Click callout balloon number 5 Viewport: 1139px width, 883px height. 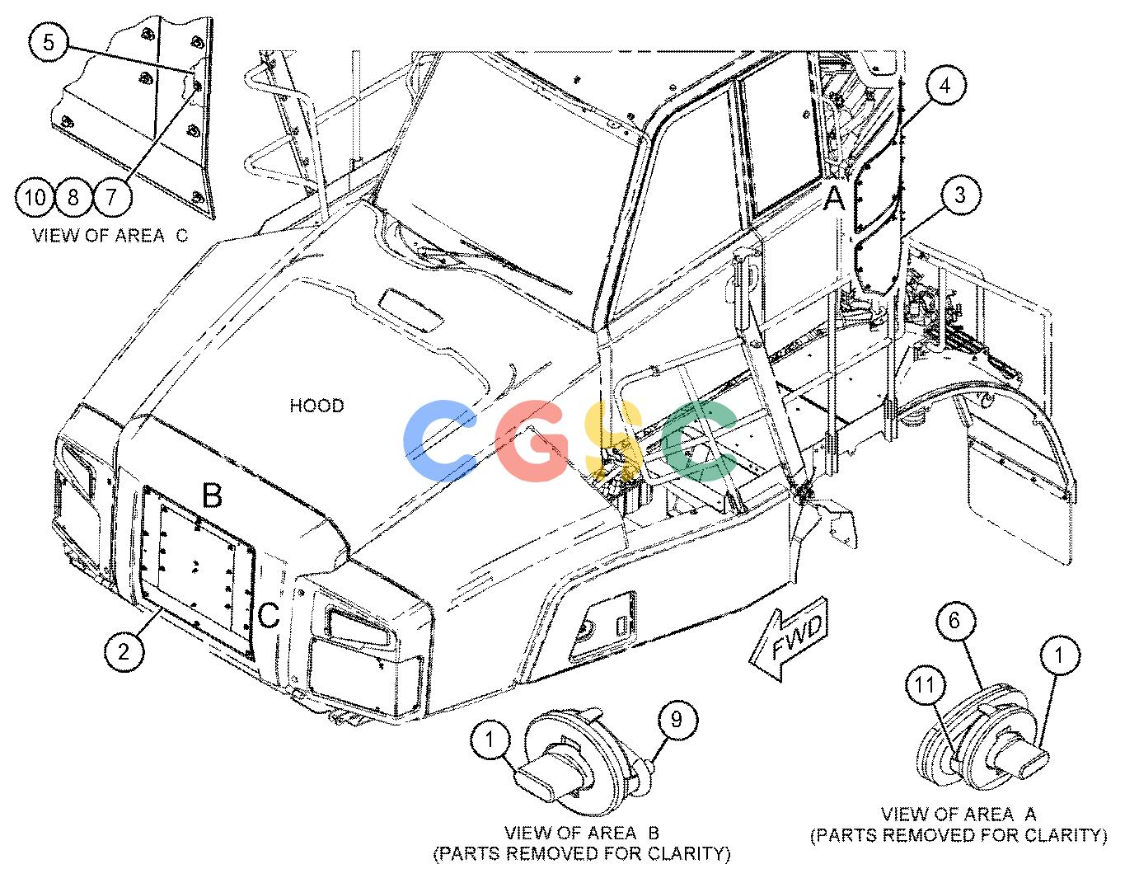[49, 43]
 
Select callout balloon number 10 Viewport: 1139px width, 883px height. [35, 198]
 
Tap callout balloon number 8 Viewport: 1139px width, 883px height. [73, 198]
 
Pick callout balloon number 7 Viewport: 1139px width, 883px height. [111, 198]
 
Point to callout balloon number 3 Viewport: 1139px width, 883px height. [959, 195]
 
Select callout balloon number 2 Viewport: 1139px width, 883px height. [124, 651]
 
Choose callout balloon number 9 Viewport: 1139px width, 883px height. [677, 720]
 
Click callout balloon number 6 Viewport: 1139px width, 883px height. [955, 621]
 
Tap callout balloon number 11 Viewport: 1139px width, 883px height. [926, 685]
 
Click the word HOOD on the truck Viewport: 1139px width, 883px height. [317, 406]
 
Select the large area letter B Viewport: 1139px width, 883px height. [212, 495]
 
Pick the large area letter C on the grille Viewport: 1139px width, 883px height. [269, 614]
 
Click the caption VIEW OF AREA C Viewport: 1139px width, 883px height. [110, 236]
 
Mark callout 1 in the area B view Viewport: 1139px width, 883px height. [490, 740]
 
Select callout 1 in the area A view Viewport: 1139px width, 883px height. [1060, 656]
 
